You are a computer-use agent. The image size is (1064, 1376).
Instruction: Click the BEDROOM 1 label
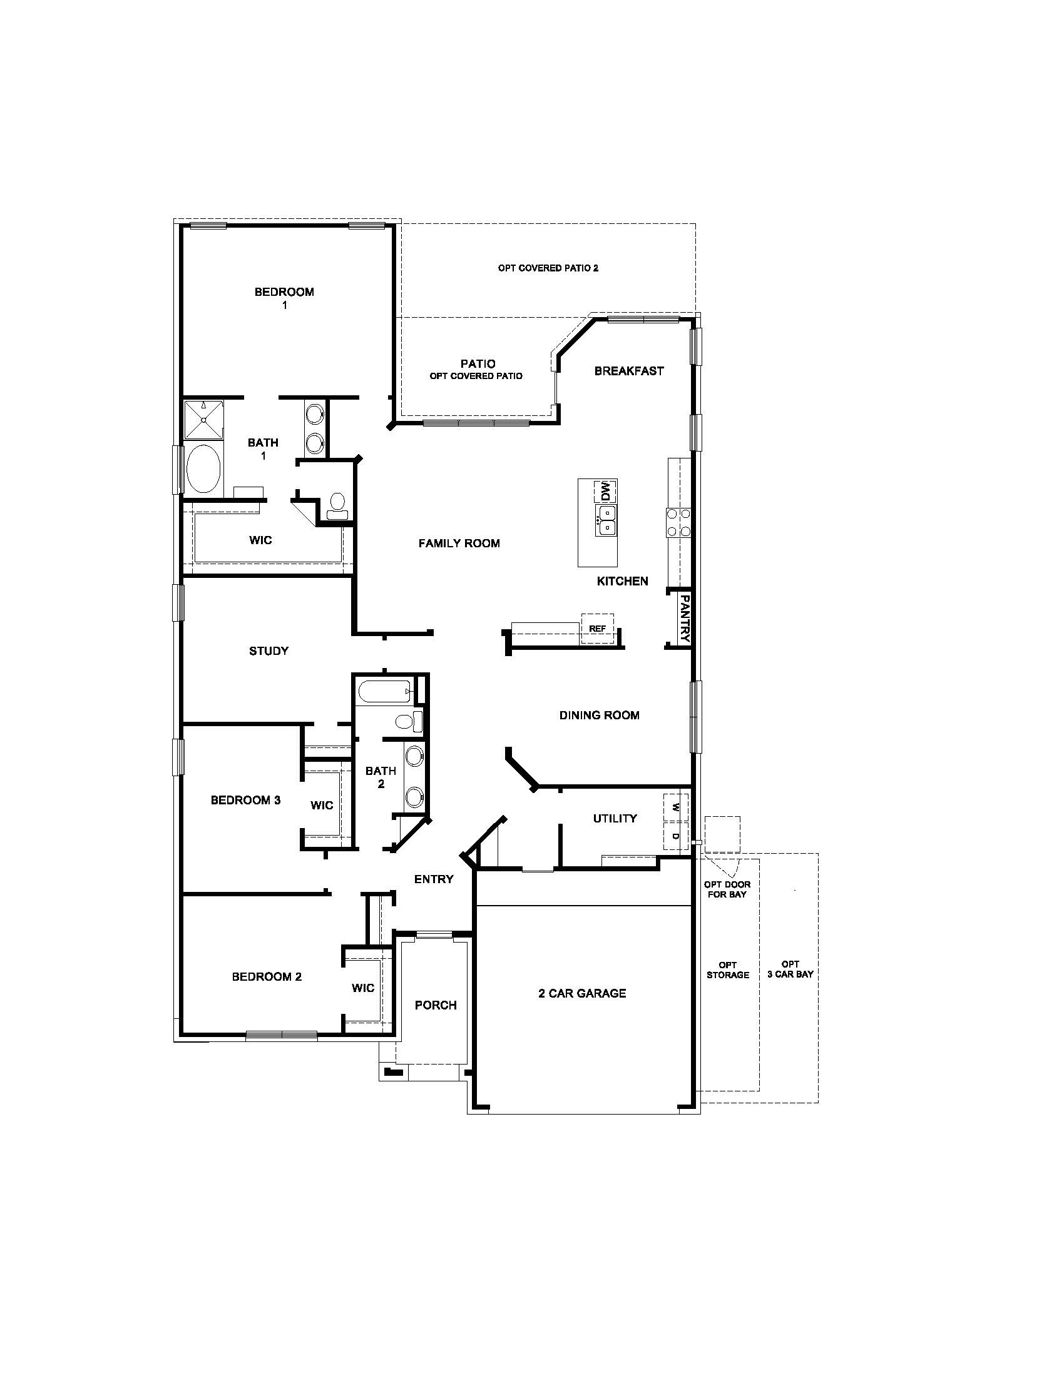pyautogui.click(x=284, y=298)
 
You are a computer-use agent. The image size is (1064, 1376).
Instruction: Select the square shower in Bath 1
pyautogui.click(x=203, y=419)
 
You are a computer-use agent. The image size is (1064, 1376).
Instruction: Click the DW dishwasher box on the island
pyautogui.click(x=606, y=491)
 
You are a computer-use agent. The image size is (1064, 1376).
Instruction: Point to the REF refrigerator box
pyautogui.click(x=597, y=629)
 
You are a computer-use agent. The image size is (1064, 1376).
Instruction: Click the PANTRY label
pyautogui.click(x=685, y=619)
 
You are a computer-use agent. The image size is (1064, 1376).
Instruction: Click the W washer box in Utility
pyautogui.click(x=676, y=807)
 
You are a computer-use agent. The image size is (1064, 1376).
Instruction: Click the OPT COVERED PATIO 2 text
pyautogui.click(x=548, y=268)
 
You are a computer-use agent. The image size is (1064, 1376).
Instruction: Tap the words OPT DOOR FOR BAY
pyautogui.click(x=727, y=889)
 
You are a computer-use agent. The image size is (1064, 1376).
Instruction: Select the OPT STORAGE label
pyautogui.click(x=727, y=969)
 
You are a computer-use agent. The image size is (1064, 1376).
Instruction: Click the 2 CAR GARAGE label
pyautogui.click(x=582, y=994)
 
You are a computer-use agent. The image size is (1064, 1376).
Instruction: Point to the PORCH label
pyautogui.click(x=436, y=1005)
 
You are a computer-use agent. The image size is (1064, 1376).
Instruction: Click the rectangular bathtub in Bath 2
pyautogui.click(x=384, y=692)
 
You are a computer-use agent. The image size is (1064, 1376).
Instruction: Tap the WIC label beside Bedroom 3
pyautogui.click(x=322, y=805)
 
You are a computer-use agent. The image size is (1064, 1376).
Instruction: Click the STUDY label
pyautogui.click(x=269, y=651)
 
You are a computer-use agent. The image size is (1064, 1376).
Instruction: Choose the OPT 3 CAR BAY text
pyautogui.click(x=790, y=969)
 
